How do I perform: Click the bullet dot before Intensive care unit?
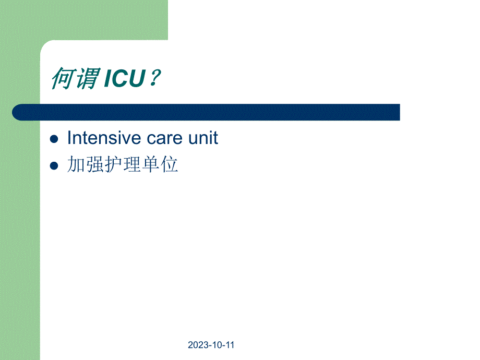[53, 139]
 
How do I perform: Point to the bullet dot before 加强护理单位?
[53, 166]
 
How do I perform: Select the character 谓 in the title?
[86, 80]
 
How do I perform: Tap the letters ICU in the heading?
[124, 80]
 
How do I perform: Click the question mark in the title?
[154, 80]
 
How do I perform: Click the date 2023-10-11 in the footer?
[211, 345]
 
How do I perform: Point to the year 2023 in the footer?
[197, 345]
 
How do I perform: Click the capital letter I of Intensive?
[69, 138]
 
